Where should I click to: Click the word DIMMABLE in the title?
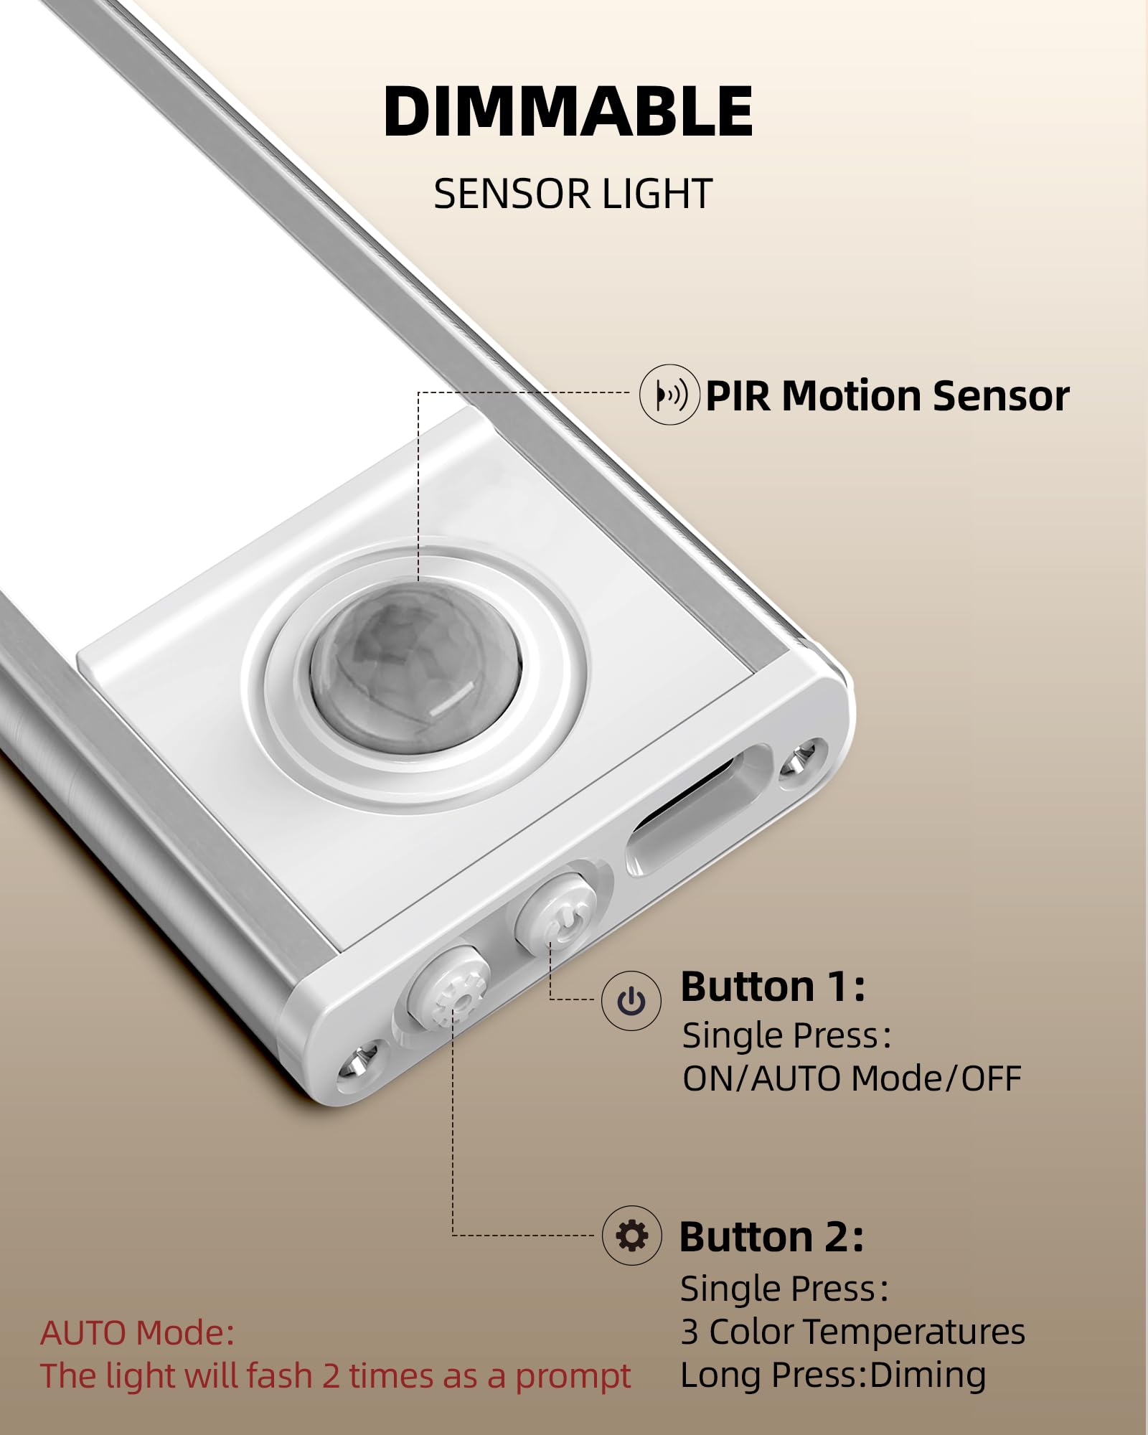pos(568,111)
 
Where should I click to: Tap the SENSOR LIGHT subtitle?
pos(573,194)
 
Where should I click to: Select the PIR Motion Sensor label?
pos(888,396)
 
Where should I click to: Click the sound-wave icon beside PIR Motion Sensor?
pos(669,394)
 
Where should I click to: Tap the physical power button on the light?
pos(555,913)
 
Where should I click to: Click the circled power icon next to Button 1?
pos(631,1001)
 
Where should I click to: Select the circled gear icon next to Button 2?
pos(631,1236)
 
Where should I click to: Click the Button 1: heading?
pos(773,987)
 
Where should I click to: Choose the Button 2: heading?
pos(771,1237)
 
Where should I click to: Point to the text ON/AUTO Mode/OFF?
pos(852,1078)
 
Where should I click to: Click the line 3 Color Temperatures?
pos(853,1332)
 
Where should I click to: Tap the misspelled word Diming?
pos(928,1375)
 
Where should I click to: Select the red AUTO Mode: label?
pos(137,1333)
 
